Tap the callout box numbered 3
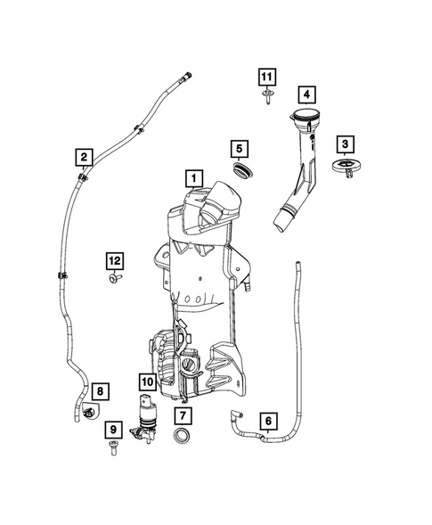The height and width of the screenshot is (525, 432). (x=343, y=144)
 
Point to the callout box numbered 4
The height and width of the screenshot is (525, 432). (x=306, y=94)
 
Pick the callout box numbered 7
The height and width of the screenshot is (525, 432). (x=183, y=416)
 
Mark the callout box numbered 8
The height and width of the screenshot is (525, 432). (x=99, y=391)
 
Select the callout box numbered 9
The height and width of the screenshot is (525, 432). (x=113, y=430)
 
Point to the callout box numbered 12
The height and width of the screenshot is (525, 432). (x=114, y=260)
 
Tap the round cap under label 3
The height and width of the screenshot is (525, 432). (x=344, y=168)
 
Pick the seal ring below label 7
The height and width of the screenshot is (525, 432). (x=183, y=437)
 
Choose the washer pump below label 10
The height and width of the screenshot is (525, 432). (x=144, y=416)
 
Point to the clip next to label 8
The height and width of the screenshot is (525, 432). (x=91, y=413)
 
